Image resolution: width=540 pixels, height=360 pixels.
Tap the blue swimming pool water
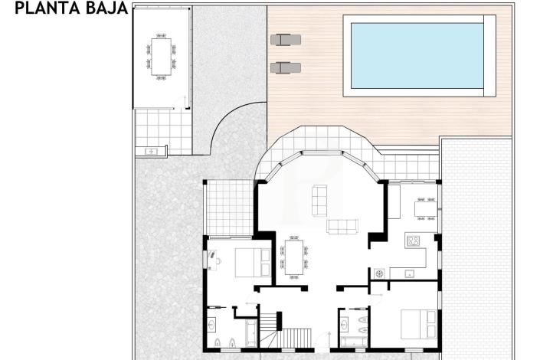[417, 54]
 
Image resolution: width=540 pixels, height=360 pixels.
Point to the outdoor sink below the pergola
[150, 151]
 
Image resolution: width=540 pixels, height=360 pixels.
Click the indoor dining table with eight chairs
[293, 255]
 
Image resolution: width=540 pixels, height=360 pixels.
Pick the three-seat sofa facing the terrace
[342, 226]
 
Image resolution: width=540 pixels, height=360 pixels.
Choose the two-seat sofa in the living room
[318, 200]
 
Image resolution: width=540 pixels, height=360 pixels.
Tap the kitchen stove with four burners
[415, 242]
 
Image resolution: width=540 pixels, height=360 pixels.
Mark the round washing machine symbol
[378, 274]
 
